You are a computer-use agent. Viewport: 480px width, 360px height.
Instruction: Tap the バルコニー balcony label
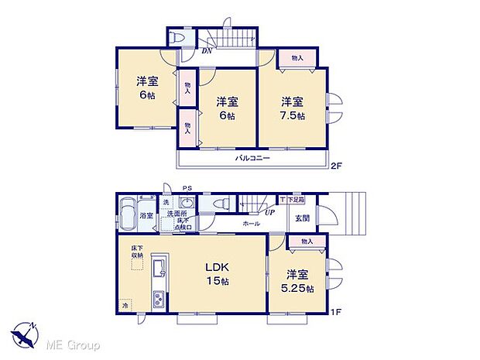coord(253,158)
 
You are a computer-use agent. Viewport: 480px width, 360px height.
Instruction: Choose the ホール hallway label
coord(252,223)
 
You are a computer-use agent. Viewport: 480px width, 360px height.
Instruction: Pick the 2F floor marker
coord(335,165)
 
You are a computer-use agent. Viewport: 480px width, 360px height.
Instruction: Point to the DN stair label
coord(207,52)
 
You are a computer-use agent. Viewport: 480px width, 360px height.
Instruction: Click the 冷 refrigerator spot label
coord(126,306)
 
